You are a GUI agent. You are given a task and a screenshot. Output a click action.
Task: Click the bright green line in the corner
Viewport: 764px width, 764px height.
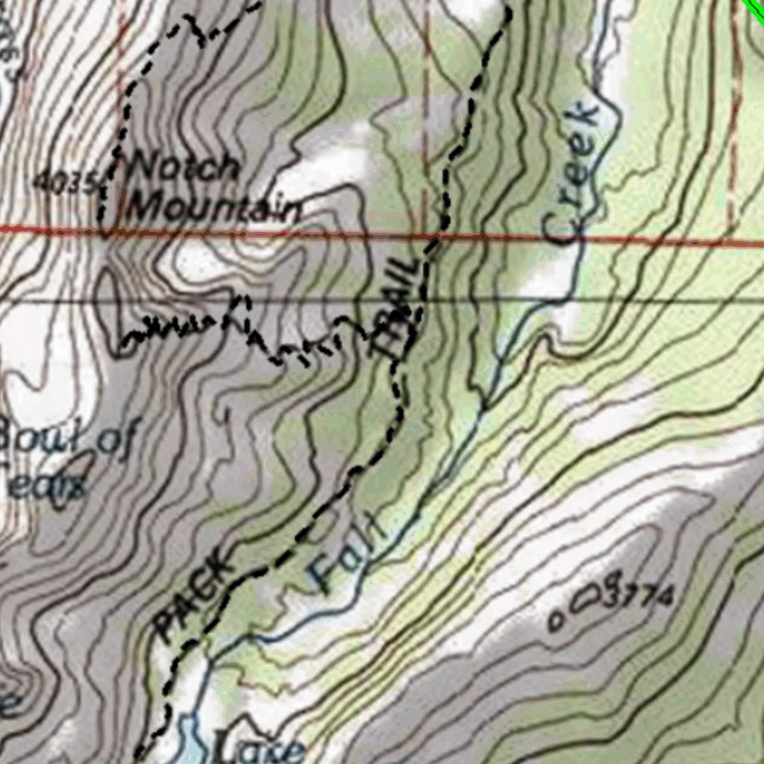pyautogui.click(x=755, y=7)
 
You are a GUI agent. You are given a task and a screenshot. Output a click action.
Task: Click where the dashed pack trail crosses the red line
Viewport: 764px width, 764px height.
pyautogui.click(x=433, y=237)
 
